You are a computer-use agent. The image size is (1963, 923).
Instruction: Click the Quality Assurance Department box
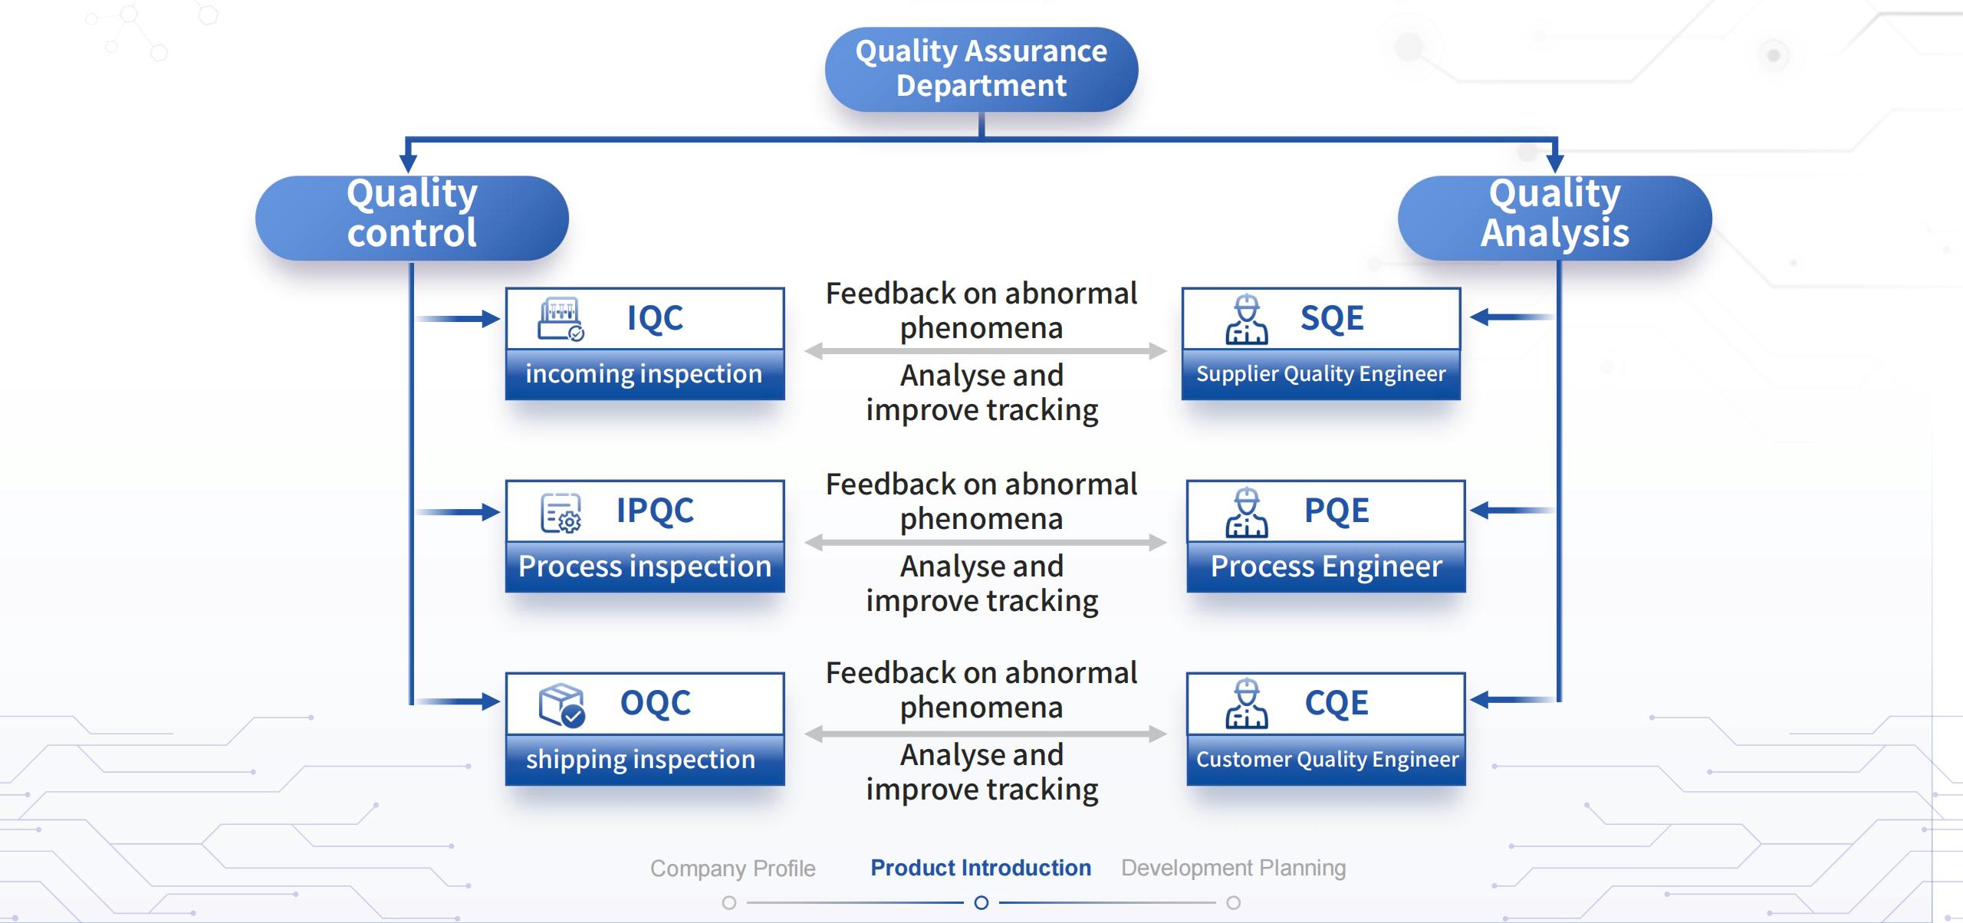pos(981,70)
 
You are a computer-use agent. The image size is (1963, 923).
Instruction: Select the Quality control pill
pos(412,218)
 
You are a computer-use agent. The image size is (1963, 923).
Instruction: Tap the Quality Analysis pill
pos(1555,218)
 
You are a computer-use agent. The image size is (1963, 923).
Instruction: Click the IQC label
pos(655,317)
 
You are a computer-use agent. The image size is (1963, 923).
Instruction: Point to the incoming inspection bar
pos(645,374)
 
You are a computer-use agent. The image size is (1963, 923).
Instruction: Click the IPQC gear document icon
pos(561,512)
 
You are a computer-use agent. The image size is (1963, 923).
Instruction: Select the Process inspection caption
pos(645,566)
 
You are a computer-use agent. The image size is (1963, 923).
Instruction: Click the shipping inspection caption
pos(641,759)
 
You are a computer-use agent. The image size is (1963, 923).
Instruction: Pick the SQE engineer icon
pos(1247,319)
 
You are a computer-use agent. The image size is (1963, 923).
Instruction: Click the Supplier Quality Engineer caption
pos(1321,374)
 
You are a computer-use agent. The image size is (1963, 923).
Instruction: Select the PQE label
pos(1337,511)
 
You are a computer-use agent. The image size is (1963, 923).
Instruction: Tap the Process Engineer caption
pos(1327,566)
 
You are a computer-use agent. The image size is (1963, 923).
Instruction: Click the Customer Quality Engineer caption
pos(1327,759)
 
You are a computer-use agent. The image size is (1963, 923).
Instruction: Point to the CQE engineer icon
pos(1247,703)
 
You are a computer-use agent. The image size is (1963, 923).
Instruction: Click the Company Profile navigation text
pos(733,869)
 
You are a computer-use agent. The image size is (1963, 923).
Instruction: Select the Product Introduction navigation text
pos(981,868)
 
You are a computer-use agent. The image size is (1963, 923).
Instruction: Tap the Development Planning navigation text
pos(1234,868)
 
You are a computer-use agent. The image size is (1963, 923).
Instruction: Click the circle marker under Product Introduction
pos(981,903)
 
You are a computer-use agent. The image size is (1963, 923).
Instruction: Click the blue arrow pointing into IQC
pos(458,318)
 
